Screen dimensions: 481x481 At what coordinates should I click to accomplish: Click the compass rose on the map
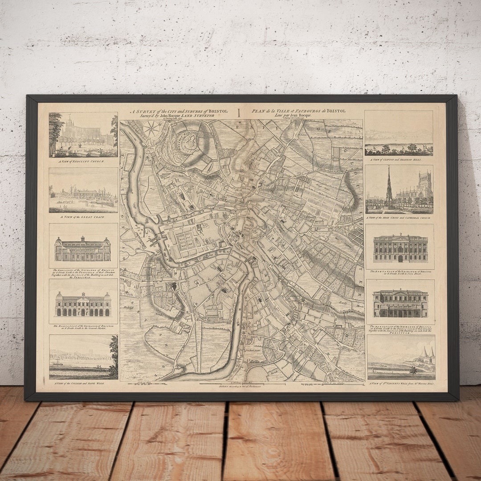click(x=151, y=129)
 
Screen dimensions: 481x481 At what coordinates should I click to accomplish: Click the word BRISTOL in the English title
click(x=218, y=111)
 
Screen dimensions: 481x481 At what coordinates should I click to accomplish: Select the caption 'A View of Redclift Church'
click(x=83, y=161)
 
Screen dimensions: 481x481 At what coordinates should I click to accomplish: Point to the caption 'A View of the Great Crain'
click(x=83, y=216)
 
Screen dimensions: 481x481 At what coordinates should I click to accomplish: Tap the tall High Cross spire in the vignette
click(x=389, y=185)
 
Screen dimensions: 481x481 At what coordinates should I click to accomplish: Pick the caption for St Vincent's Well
click(x=401, y=383)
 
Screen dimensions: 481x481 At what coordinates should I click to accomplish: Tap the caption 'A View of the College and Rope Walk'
click(x=83, y=383)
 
